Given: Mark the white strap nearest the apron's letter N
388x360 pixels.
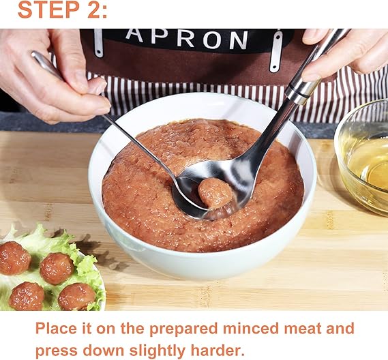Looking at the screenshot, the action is (275, 51).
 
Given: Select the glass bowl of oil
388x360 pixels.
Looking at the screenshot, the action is (362, 156).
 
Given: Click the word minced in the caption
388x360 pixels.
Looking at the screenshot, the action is (250, 329).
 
